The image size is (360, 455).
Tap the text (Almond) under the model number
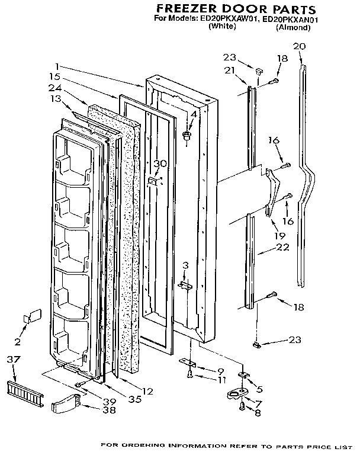click(292, 28)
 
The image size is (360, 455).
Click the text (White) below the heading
click(223, 28)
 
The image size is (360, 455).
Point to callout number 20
click(300, 46)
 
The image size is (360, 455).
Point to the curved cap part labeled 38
click(63, 406)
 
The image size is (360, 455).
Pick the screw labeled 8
click(243, 406)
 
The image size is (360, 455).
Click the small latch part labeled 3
click(185, 286)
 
